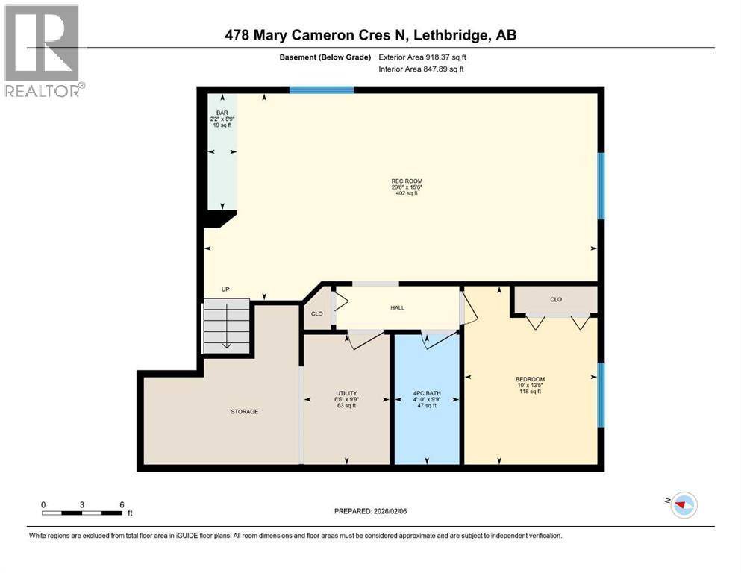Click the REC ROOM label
click(x=407, y=181)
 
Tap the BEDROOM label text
click(x=530, y=379)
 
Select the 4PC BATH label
click(x=427, y=393)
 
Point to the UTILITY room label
click(x=346, y=393)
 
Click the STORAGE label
click(x=244, y=411)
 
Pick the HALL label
click(x=398, y=307)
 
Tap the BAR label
click(x=222, y=113)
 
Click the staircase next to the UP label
click(x=226, y=326)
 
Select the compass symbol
click(x=684, y=505)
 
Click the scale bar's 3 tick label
click(x=82, y=504)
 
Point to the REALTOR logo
click(x=43, y=51)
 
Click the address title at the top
click(x=370, y=35)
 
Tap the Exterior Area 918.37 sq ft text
click(x=422, y=57)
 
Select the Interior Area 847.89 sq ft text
click(x=421, y=69)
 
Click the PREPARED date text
click(x=370, y=511)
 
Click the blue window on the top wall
click(x=322, y=90)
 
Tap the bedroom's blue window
click(x=601, y=395)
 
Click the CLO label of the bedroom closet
click(x=556, y=299)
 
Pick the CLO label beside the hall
click(x=316, y=313)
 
